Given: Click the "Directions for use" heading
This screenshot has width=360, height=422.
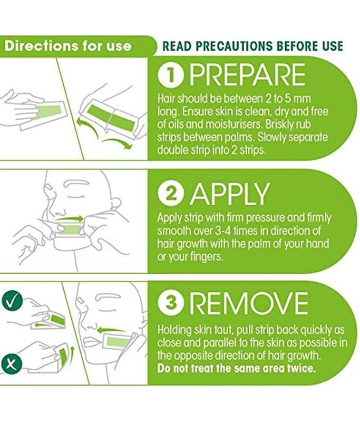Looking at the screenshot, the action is coord(68,46).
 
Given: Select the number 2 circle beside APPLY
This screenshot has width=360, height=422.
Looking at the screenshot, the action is coord(171,194).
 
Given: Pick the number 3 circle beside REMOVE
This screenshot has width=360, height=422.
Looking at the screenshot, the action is coord(171,303).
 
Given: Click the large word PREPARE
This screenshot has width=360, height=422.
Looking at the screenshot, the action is coord(247,75).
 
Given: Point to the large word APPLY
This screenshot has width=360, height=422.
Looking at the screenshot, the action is coord(229,194).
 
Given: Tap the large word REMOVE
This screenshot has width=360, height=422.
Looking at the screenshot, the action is coord(250,303).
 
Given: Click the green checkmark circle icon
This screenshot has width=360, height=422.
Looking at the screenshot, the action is coord(12,302).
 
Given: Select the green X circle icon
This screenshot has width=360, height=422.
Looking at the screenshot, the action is coord(12,365).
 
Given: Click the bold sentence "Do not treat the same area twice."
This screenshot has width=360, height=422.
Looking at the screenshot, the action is coord(236,368).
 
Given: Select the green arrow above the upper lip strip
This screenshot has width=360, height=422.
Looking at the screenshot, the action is coord(70,218).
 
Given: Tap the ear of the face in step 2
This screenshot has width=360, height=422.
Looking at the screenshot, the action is coord(115,204).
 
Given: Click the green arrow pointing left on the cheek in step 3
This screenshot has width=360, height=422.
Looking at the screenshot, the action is coord(111,329).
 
